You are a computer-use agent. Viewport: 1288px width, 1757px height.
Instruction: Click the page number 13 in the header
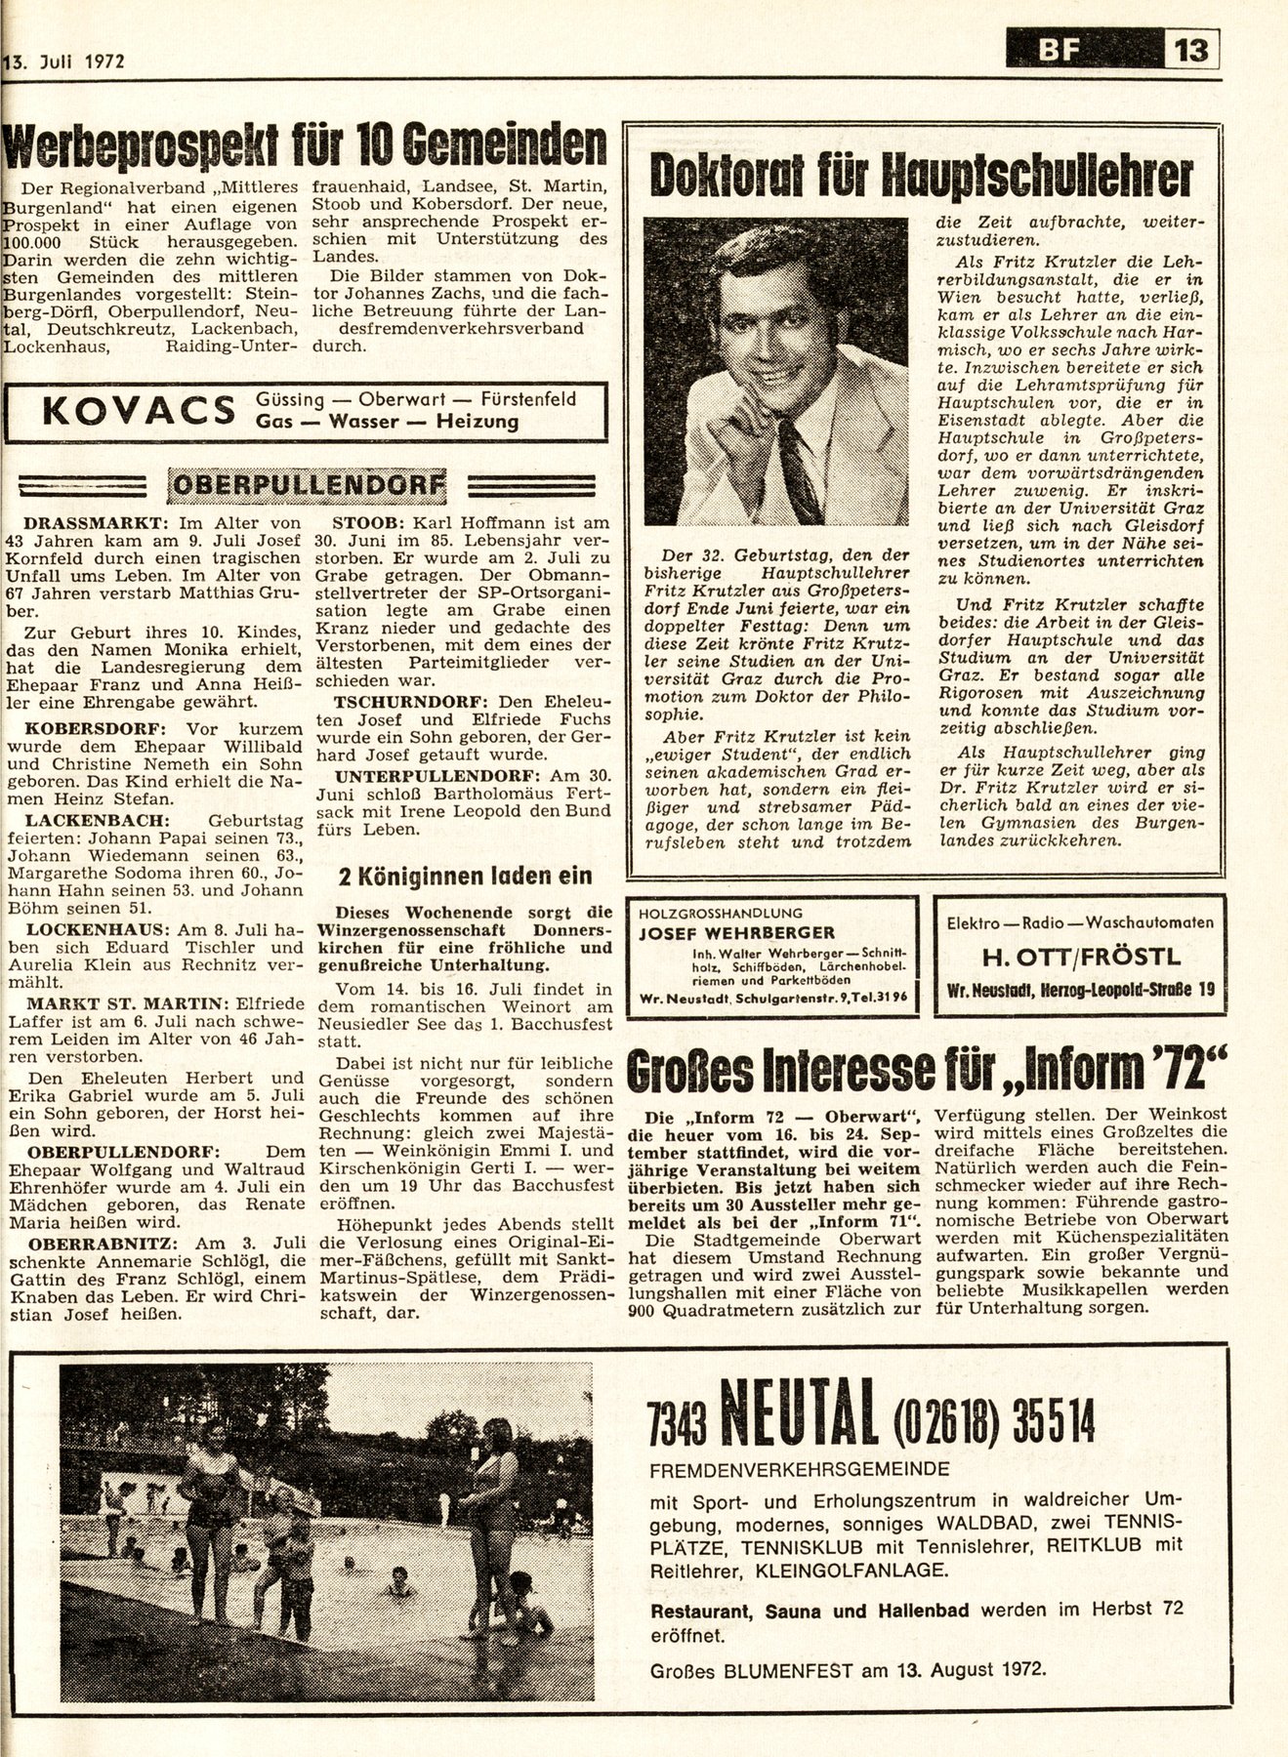click(x=1191, y=48)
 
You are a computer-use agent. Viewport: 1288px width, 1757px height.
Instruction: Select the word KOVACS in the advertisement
click(x=137, y=412)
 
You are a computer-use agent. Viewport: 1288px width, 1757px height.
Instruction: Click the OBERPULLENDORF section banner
click(x=307, y=482)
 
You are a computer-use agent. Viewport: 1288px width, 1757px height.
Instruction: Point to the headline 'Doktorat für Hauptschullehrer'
click(x=921, y=177)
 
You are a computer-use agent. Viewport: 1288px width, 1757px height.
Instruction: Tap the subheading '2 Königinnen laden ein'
click(x=464, y=876)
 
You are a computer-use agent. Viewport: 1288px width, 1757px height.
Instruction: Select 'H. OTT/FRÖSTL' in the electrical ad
click(x=1078, y=956)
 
